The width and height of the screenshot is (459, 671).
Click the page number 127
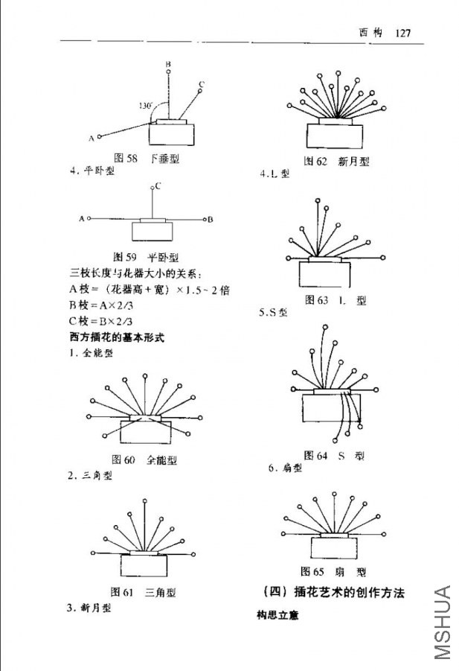404,33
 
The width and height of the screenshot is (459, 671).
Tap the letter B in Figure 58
168,64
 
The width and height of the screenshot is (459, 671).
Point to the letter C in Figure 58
202,83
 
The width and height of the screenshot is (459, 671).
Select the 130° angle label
145,106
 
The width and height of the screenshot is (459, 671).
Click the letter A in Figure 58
91,138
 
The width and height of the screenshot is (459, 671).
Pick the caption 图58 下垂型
146,158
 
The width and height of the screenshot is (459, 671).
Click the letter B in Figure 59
211,219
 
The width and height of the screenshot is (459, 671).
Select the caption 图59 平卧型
146,257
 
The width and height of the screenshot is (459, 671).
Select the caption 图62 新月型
336,161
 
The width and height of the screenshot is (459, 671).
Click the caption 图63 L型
336,300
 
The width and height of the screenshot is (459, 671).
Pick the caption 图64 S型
334,455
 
